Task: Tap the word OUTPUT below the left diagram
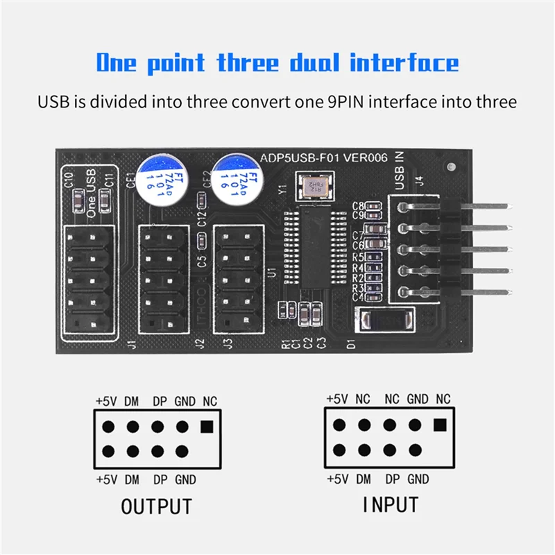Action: coord(156,506)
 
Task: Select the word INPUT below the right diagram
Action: coord(390,504)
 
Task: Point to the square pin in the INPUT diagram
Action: coord(438,425)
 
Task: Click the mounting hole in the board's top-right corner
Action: coord(452,168)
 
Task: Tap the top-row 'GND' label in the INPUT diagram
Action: coord(417,399)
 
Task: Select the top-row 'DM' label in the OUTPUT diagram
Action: coord(131,401)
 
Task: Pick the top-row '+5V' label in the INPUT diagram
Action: coord(336,399)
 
